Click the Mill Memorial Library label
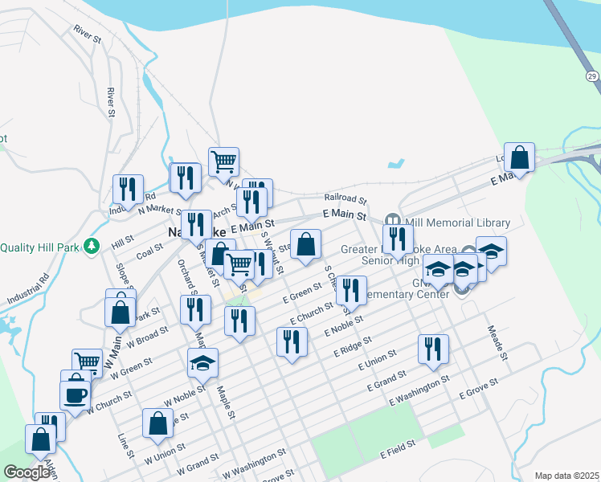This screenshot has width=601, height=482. pyautogui.click(x=459, y=223)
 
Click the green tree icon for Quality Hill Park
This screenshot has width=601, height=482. pyautogui.click(x=93, y=247)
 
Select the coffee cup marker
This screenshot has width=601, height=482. pyautogui.click(x=76, y=395)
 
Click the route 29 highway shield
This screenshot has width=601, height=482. pyautogui.click(x=591, y=76)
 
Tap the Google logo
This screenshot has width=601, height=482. pyautogui.click(x=27, y=472)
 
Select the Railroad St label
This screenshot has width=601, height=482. pyautogui.click(x=345, y=197)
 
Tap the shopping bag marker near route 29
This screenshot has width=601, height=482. pyautogui.click(x=521, y=159)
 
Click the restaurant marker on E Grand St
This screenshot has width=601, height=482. pyautogui.click(x=433, y=349)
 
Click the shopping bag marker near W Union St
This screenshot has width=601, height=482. pyautogui.click(x=158, y=423)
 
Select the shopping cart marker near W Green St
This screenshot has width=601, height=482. pyautogui.click(x=87, y=363)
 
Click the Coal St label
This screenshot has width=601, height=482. pyautogui.click(x=149, y=252)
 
